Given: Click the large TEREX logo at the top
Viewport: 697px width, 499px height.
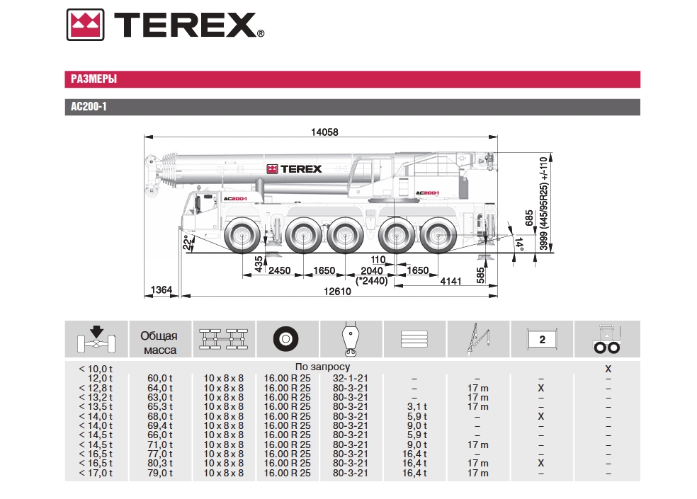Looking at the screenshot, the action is coord(165,25).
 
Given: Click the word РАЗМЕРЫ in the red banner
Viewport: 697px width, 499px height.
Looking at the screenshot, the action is coord(93,79).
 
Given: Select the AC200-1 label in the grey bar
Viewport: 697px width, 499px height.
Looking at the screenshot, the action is coord(89,107).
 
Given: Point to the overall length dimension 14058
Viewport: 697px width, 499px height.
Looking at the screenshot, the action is coord(324,132).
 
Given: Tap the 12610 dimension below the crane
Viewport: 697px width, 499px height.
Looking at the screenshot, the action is coord(337,292).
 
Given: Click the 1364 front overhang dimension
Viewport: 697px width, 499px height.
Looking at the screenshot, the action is coord(161,289).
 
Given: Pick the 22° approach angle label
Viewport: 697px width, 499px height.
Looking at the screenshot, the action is coord(188,242).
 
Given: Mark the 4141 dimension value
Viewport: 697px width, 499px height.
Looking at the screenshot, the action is coord(450,281).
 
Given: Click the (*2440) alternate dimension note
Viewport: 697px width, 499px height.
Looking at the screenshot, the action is coord(372,281).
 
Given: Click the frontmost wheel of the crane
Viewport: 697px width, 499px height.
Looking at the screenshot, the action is coord(243,235).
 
